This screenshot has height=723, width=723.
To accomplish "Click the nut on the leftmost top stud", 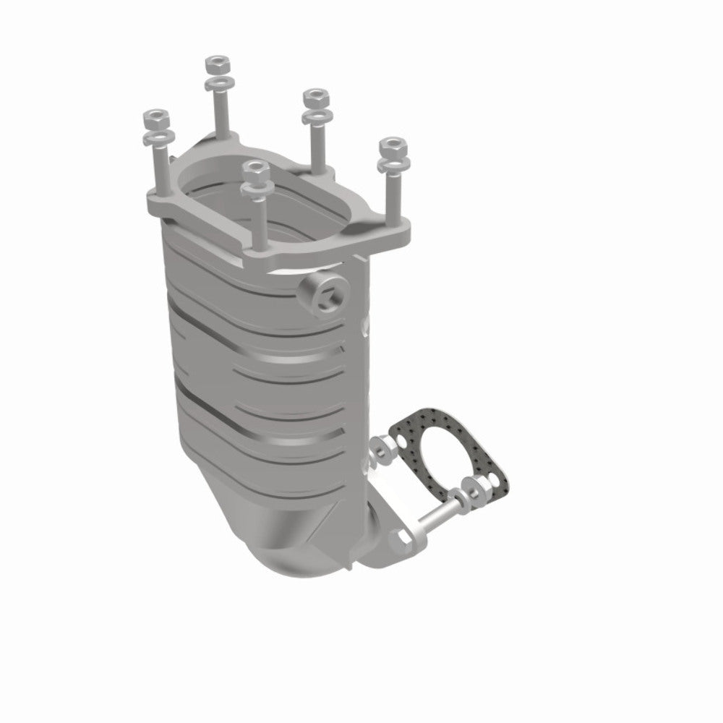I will [155, 116].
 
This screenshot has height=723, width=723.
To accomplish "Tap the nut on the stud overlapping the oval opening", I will [256, 171].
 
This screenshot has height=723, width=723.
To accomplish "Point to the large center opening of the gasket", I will [446, 456].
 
